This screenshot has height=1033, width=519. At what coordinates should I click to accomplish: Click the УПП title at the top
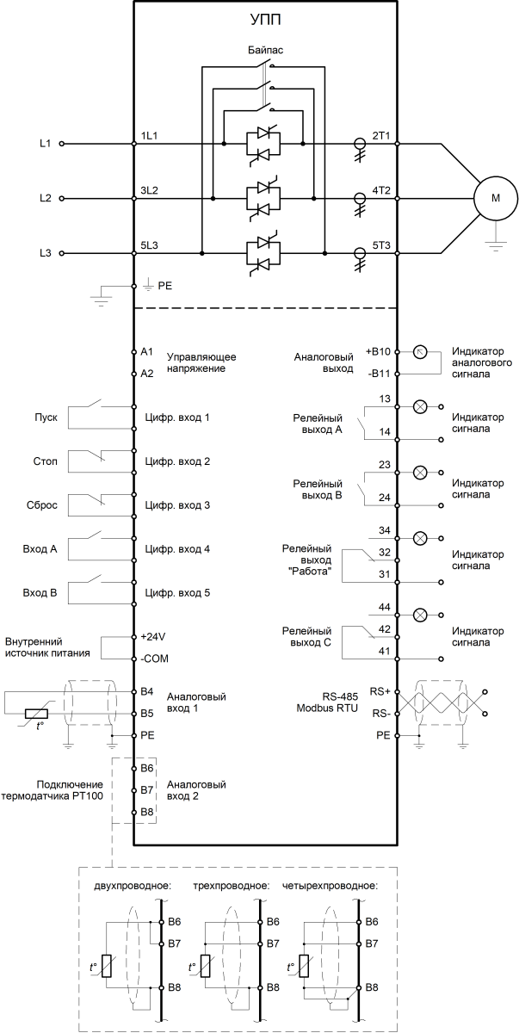[x=265, y=20]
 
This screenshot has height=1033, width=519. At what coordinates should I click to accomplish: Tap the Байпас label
[x=265, y=50]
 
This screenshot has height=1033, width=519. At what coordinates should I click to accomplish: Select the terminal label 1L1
[x=149, y=136]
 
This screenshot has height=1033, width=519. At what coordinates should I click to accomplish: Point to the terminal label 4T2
[x=381, y=190]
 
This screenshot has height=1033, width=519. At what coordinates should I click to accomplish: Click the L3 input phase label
[x=45, y=253]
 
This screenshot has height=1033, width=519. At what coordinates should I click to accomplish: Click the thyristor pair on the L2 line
[x=264, y=199]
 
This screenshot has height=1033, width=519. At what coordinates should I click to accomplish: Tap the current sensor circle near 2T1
[x=359, y=144]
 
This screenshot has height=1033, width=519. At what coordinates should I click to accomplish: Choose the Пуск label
[x=46, y=418]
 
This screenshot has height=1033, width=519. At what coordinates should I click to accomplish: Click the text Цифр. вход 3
[x=177, y=505]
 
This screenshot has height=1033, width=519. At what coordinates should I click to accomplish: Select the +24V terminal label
[x=153, y=637]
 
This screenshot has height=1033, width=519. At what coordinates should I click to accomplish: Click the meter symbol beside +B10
[x=420, y=352]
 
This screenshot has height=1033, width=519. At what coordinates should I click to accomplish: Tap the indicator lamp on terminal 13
[x=420, y=406]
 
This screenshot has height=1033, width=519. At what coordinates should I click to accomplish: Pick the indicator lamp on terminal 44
[x=420, y=615]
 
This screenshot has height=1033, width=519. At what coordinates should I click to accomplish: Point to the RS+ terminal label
[x=380, y=691]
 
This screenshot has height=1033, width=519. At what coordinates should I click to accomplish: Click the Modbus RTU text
[x=327, y=708]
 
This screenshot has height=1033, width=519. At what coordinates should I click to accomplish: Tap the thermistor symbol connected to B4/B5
[x=36, y=714]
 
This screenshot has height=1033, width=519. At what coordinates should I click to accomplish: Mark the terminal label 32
[x=385, y=553]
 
